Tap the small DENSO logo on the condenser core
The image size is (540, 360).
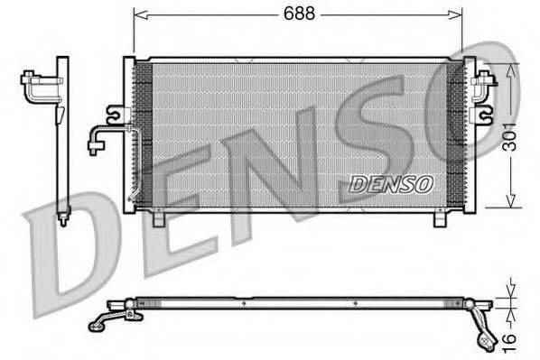(x=391, y=183)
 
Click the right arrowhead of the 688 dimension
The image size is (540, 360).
(x=459, y=14)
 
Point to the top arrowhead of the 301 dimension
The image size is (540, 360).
(x=512, y=71)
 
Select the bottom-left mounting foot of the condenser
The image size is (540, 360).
(x=160, y=218)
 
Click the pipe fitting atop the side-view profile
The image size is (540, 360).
(x=38, y=86)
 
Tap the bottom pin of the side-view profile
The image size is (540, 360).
(x=63, y=217)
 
